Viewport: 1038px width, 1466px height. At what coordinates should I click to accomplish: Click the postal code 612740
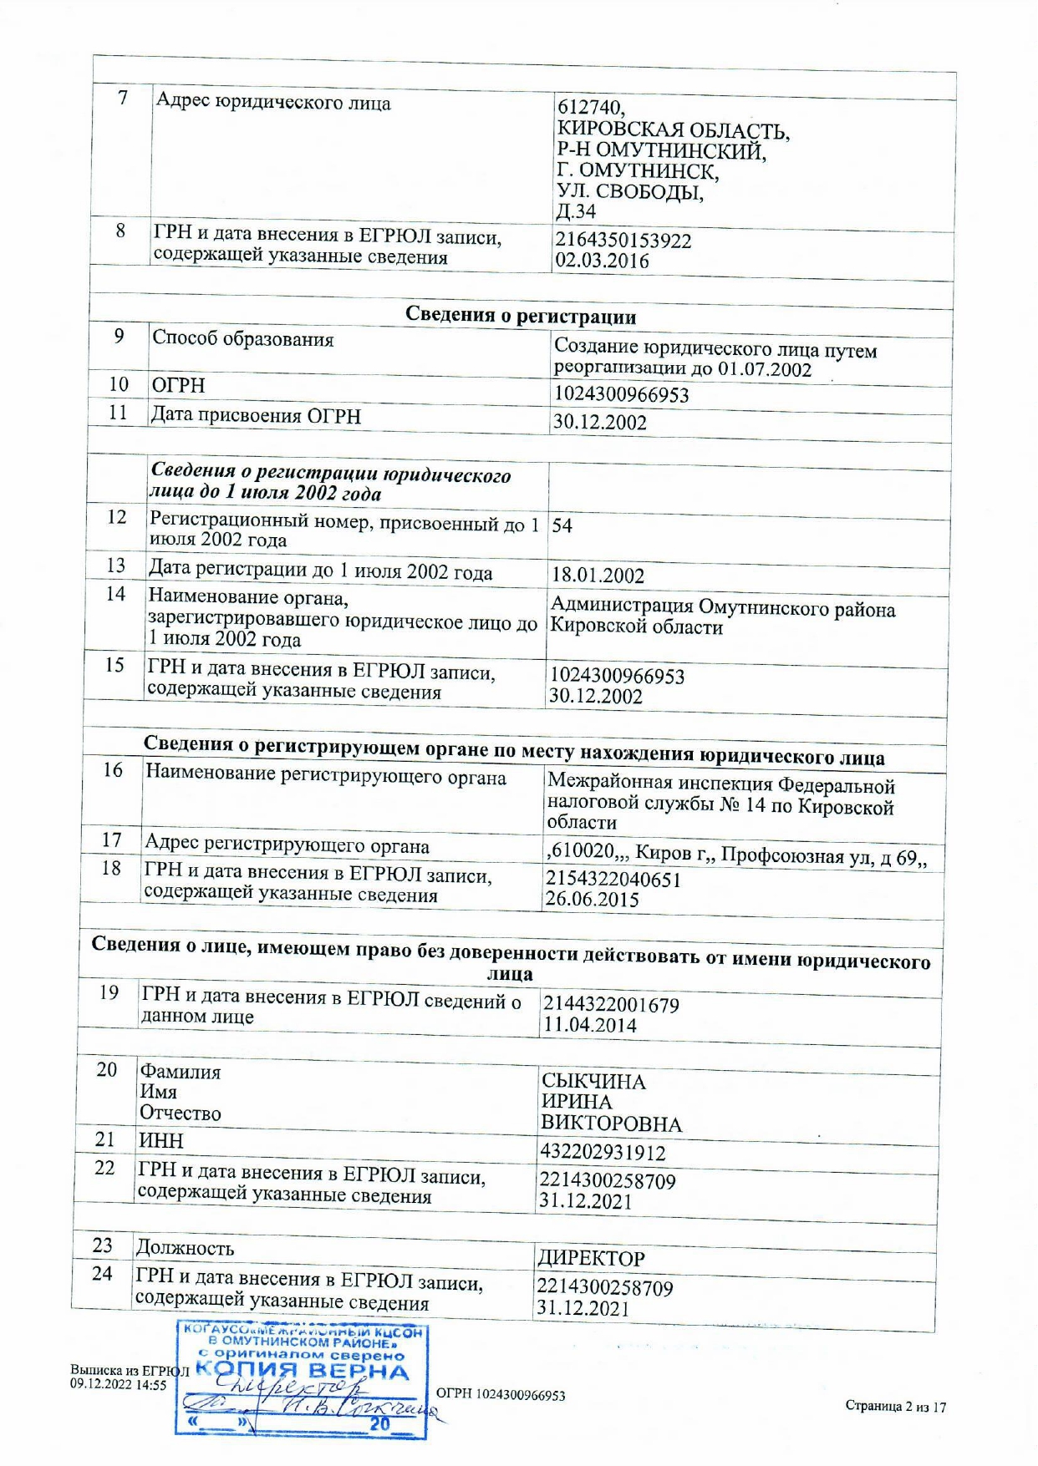coord(590,108)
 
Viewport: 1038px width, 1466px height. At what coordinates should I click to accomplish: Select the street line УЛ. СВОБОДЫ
coord(630,191)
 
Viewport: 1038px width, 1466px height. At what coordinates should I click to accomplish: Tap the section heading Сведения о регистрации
coord(520,316)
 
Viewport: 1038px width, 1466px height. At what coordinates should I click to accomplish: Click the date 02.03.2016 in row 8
coord(602,261)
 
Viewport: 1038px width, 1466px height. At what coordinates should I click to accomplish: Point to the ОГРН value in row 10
coord(621,394)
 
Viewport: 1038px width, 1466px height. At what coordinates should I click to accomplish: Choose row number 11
coord(118,413)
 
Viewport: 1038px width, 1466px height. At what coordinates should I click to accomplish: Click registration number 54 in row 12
coord(562,526)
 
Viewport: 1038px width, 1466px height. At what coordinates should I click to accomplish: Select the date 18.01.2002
coord(598,576)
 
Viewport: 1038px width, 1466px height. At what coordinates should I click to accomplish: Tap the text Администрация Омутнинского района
coord(722,608)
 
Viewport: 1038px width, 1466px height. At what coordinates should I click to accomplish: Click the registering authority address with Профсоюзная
coord(735,855)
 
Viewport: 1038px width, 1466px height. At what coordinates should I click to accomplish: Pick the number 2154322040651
coord(613,879)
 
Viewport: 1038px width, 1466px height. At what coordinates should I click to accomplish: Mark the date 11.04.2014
coord(589,1025)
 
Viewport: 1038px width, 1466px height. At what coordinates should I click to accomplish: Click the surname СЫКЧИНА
coord(593,1082)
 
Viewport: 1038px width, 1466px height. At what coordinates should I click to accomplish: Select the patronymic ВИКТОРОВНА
coord(611,1124)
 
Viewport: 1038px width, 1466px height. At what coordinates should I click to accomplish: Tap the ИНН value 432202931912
coord(603,1153)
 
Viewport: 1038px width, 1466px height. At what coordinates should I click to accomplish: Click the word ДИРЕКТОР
coord(591,1259)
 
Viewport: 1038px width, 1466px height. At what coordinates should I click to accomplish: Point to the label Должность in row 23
coord(185,1248)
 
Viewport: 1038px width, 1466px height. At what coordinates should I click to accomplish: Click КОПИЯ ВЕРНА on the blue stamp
coord(303,1372)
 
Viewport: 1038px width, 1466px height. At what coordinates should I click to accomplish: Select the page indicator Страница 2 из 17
coord(895,1407)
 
